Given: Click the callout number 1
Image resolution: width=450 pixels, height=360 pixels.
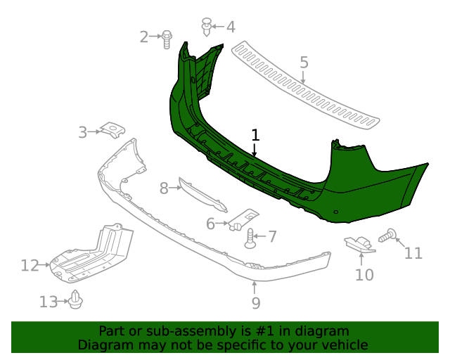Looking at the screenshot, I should pyautogui.click(x=255, y=134).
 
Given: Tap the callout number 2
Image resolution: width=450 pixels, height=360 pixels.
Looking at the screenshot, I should pyautogui.click(x=144, y=37).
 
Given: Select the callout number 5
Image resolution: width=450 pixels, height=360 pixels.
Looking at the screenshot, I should pyautogui.click(x=304, y=63).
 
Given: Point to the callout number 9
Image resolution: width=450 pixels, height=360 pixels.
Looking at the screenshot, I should pyautogui.click(x=256, y=303).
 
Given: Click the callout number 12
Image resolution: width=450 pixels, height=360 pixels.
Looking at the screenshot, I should pyautogui.click(x=30, y=266).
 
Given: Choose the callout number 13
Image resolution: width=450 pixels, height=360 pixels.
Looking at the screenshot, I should pyautogui.click(x=49, y=302).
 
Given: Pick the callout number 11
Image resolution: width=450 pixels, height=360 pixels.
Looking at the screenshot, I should pyautogui.click(x=413, y=252).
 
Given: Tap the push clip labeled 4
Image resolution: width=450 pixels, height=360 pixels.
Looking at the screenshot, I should pyautogui.click(x=207, y=27).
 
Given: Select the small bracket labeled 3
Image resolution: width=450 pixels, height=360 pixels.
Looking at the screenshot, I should pyautogui.click(x=111, y=129).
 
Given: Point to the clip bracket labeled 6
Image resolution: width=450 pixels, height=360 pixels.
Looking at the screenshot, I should pyautogui.click(x=241, y=220).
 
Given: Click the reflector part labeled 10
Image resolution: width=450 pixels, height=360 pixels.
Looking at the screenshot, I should pyautogui.click(x=361, y=243).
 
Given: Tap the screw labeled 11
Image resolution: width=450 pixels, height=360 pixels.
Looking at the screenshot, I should pyautogui.click(x=389, y=235).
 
